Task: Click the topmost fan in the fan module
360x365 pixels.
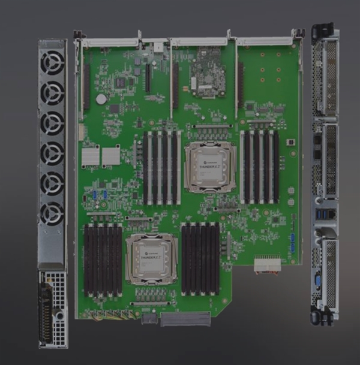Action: (52, 62)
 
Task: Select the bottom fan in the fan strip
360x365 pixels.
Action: (52, 213)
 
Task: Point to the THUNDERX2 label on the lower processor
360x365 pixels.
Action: (151, 259)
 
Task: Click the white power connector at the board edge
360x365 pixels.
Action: (267, 264)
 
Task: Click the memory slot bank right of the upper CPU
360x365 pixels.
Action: (260, 167)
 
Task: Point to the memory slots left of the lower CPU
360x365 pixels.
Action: (103, 258)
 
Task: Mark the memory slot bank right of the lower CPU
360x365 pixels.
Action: (200, 258)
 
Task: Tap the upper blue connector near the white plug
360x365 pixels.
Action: (292, 238)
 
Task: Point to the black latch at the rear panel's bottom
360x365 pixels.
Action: (323, 316)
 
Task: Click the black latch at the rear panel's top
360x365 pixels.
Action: (323, 31)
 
